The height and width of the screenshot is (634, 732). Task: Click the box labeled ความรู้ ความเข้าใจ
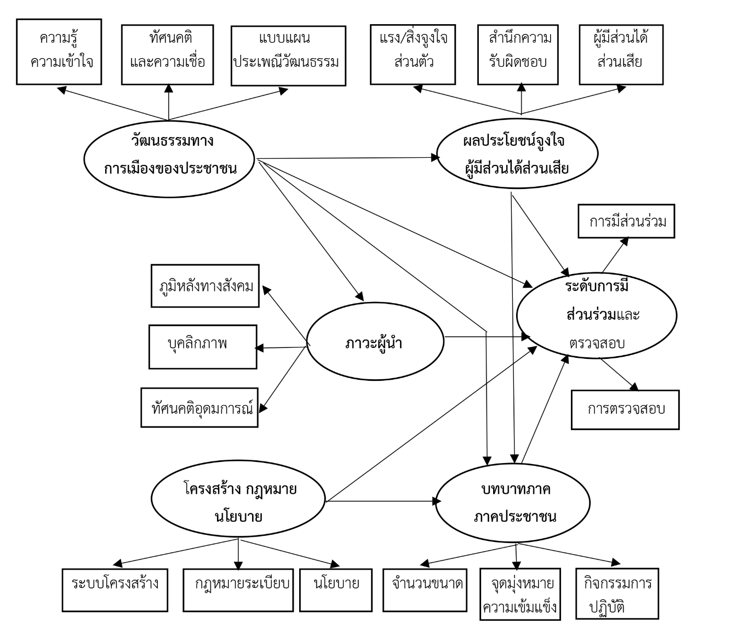point(59,52)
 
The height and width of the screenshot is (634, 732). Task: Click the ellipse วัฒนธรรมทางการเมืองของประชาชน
point(169,157)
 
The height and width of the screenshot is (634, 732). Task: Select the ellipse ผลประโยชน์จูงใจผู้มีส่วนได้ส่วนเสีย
point(516,155)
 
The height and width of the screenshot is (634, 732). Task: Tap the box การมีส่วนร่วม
point(626,221)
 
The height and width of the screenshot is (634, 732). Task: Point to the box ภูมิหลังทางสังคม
point(205,286)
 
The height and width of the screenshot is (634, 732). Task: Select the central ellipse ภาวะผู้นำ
point(375,343)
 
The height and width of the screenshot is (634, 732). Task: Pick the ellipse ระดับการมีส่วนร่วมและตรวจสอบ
point(597,316)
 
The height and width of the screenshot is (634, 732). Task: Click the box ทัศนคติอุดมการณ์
point(199,408)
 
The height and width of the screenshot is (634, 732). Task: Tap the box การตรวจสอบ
point(625,409)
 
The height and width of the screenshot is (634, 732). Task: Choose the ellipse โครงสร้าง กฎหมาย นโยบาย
point(238,499)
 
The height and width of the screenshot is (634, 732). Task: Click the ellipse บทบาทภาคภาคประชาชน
point(513,502)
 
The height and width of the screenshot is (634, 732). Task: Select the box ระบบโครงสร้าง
point(115,590)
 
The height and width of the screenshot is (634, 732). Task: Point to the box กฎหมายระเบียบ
point(237,590)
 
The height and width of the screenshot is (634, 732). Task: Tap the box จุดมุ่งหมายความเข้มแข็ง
point(521,594)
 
